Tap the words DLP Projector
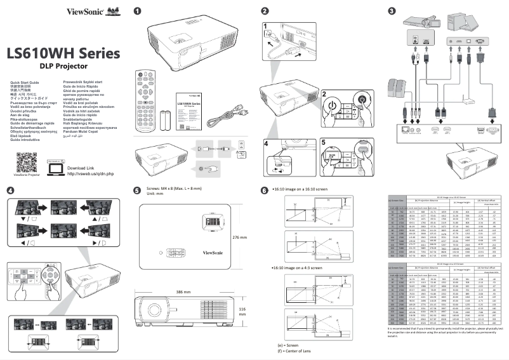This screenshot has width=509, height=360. pos(63,66)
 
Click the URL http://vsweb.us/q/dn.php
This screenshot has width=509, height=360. pos(90,173)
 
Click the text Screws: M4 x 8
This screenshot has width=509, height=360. pos(172,189)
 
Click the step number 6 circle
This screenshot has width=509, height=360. pos(265,190)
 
